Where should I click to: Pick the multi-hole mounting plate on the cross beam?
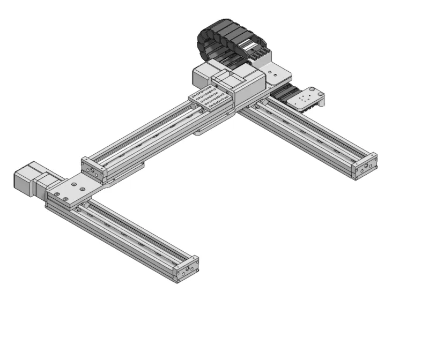[x=211, y=99]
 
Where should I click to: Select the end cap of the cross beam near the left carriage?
[x=94, y=169]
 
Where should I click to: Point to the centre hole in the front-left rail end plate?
[x=187, y=267]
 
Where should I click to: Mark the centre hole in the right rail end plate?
[x=366, y=167]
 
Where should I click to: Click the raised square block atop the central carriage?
[x=228, y=80]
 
